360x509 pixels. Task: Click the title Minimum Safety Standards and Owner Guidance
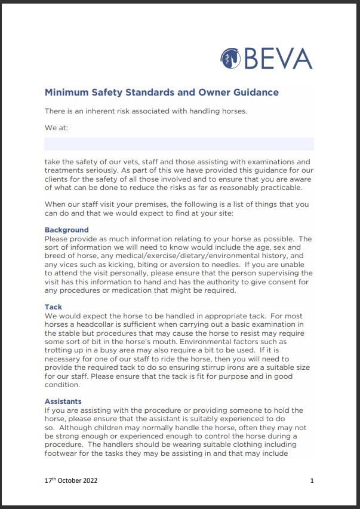(x=161, y=93)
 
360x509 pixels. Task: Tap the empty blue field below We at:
(x=179, y=143)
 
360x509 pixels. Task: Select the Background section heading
(x=66, y=230)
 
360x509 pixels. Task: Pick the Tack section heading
(x=53, y=307)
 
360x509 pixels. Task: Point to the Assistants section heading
(x=63, y=401)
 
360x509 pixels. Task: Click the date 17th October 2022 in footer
(x=71, y=480)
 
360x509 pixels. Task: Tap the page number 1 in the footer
(x=312, y=480)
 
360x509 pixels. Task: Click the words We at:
(x=57, y=127)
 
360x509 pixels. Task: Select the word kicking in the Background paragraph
(x=109, y=265)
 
